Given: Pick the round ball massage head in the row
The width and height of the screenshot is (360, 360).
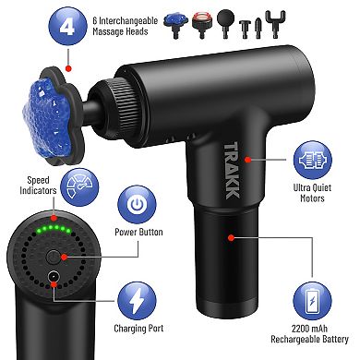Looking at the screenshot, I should point(224,20).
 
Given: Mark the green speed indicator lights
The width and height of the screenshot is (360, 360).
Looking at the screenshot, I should point(51,227).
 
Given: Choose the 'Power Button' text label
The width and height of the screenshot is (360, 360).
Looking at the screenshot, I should point(138,234).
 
